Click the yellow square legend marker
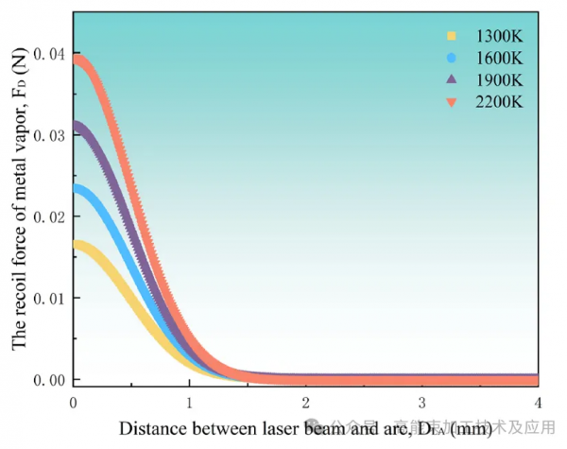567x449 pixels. click(452, 37)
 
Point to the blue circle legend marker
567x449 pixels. click(452, 59)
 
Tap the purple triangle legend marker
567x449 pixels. click(452, 80)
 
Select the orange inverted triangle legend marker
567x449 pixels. click(452, 102)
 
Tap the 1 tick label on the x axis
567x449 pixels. click(190, 401)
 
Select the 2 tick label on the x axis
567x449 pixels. click(305, 401)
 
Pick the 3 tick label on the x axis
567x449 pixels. click(421, 401)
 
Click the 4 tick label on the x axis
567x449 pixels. click(538, 401)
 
